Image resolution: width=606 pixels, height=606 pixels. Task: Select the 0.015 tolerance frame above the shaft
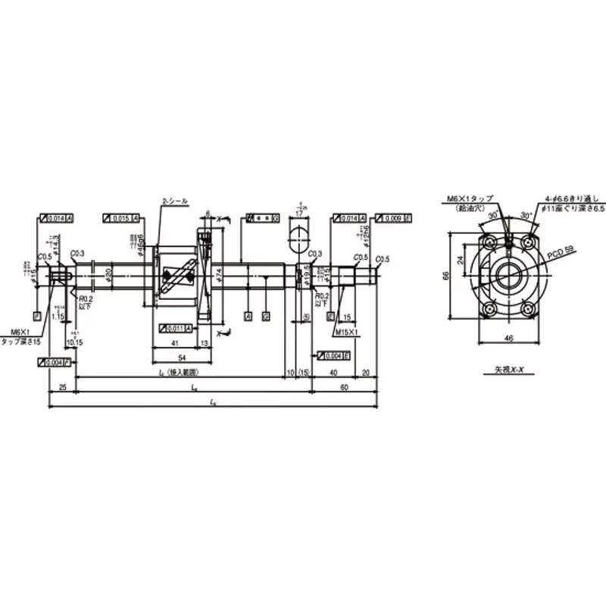point(121,219)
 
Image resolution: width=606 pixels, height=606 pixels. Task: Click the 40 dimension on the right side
point(334,372)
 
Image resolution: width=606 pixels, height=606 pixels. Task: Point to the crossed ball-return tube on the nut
point(179,277)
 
